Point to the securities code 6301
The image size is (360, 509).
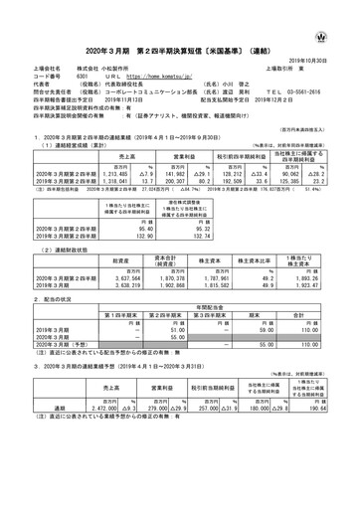84,75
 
